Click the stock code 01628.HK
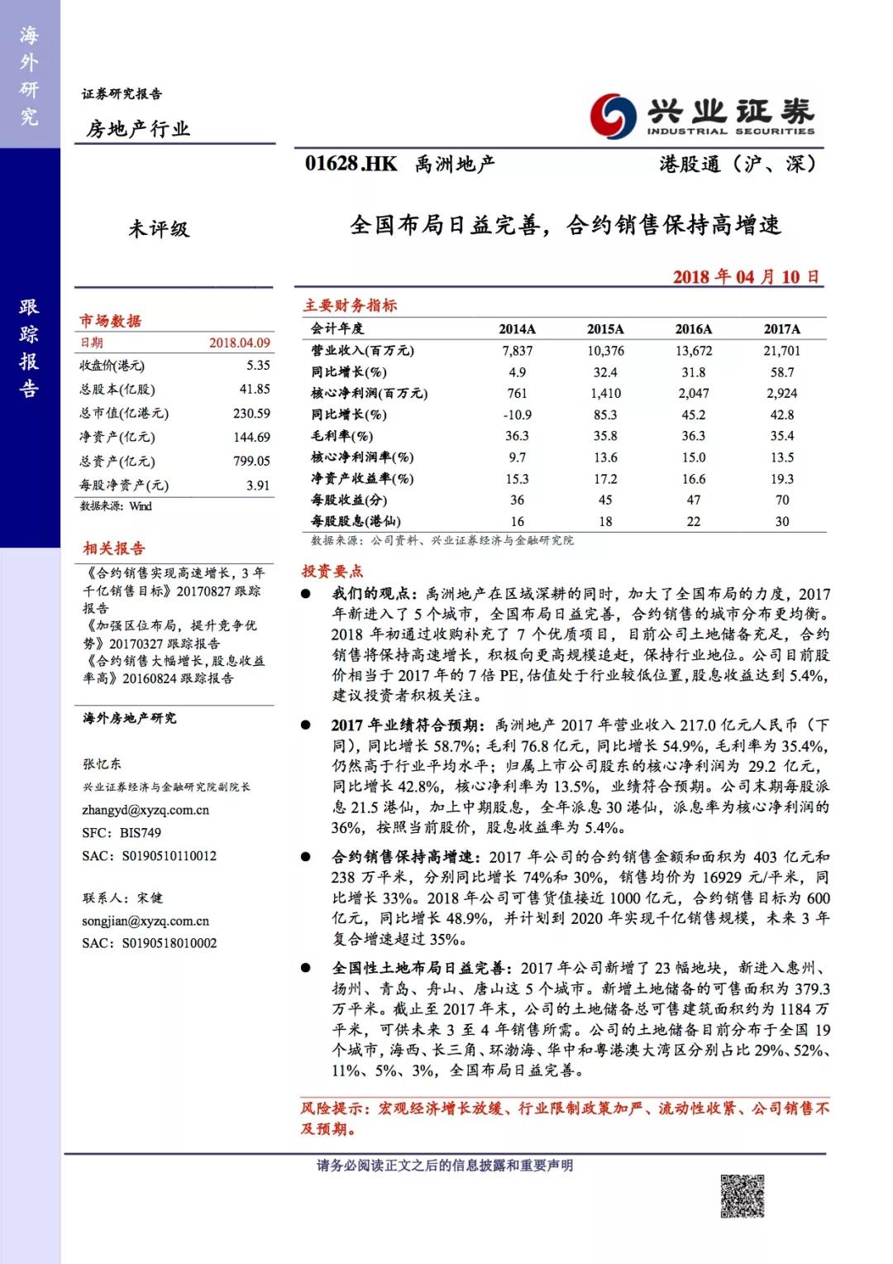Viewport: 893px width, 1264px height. coord(351,164)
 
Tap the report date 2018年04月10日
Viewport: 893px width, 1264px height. coord(746,276)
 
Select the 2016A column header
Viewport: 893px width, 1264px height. coord(693,329)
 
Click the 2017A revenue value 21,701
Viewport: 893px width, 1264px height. coord(781,351)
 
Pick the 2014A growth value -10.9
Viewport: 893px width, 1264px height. coord(517,414)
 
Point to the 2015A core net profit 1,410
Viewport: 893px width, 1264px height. coord(605,394)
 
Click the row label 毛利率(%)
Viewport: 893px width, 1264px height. coord(341,436)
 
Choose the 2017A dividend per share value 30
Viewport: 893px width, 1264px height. coord(781,521)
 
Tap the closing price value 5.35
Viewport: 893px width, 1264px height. coord(258,365)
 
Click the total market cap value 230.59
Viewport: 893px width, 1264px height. coord(251,413)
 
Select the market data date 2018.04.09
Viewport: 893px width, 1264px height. coord(240,342)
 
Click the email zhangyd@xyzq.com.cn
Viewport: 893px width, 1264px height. coord(146,810)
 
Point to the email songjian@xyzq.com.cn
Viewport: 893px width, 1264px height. coord(146,921)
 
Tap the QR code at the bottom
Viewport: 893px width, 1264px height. coord(742,1196)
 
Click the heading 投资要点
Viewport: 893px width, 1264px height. coord(332,571)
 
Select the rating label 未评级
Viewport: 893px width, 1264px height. coord(159,228)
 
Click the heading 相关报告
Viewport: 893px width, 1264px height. coord(113,548)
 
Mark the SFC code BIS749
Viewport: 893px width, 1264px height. coord(141,833)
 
